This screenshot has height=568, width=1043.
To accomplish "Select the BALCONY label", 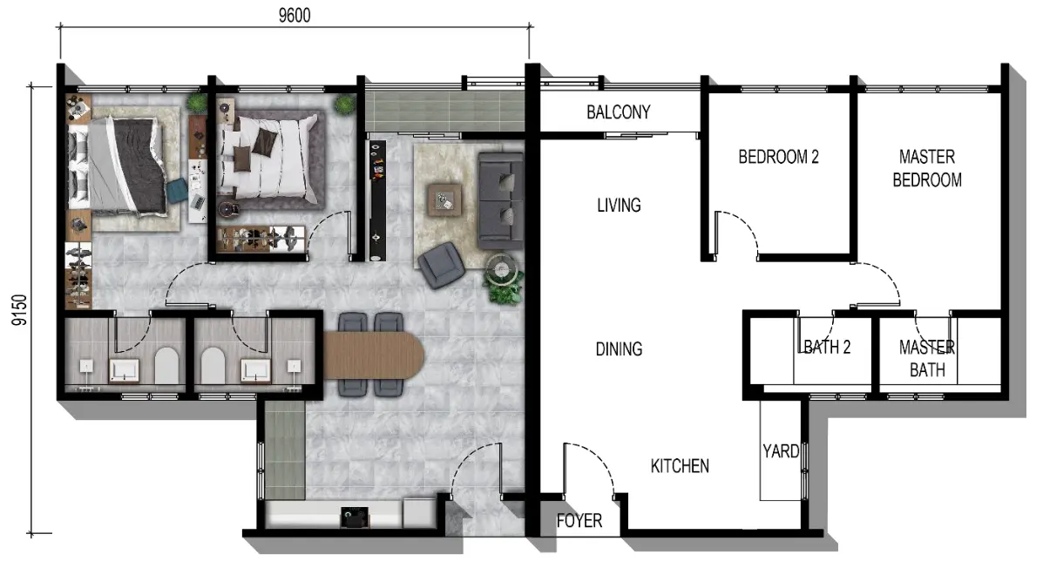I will [618, 112].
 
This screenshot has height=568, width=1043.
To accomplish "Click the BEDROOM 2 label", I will [778, 158].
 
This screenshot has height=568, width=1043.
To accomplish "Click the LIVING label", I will [619, 206].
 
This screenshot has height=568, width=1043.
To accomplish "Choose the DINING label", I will [619, 349].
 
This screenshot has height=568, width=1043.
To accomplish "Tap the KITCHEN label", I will [680, 467].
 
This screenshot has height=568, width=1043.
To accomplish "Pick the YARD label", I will [780, 451].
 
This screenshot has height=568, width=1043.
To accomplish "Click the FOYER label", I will [579, 521].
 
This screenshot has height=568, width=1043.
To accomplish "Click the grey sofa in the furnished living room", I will [500, 199].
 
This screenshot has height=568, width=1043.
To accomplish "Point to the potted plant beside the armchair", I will [505, 283].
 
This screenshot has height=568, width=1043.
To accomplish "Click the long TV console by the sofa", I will [377, 199].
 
